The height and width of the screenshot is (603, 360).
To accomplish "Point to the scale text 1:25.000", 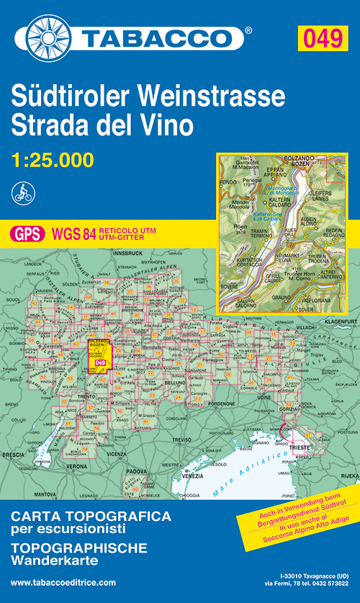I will [x=53, y=159].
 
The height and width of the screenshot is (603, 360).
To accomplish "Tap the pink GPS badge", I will [x=27, y=233].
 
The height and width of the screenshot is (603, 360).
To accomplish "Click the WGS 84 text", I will [x=66, y=233].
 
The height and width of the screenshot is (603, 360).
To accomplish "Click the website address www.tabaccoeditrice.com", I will [x=63, y=582].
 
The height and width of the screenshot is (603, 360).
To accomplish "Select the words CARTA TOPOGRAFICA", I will [x=89, y=517].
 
